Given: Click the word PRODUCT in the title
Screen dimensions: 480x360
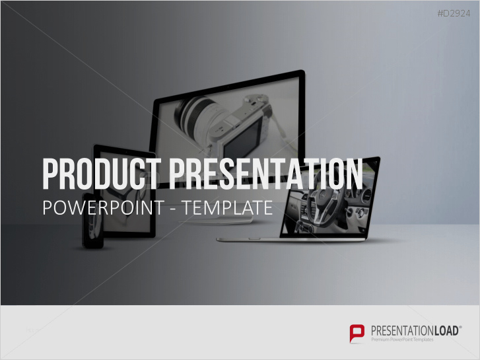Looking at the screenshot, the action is click(x=102, y=174).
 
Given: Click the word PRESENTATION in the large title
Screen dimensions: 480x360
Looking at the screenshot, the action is click(x=265, y=174).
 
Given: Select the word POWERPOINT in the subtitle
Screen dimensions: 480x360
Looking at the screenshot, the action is click(x=104, y=207).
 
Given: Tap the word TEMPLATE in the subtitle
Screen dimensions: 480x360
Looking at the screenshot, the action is click(x=228, y=207).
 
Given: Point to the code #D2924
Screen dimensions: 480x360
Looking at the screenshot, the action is click(x=454, y=13).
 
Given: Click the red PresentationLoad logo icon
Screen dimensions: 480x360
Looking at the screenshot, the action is click(x=357, y=334).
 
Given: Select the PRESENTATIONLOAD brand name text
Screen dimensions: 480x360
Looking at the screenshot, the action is click(x=415, y=331).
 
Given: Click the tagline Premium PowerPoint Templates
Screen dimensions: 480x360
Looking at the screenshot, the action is click(x=402, y=340).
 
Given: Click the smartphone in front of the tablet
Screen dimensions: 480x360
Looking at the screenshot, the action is click(x=92, y=221).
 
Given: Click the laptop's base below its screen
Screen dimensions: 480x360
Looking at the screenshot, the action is click(x=291, y=239).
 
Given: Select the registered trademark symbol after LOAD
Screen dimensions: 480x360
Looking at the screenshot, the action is click(x=460, y=327).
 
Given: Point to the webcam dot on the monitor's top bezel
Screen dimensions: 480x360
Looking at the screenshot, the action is click(x=228, y=87).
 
